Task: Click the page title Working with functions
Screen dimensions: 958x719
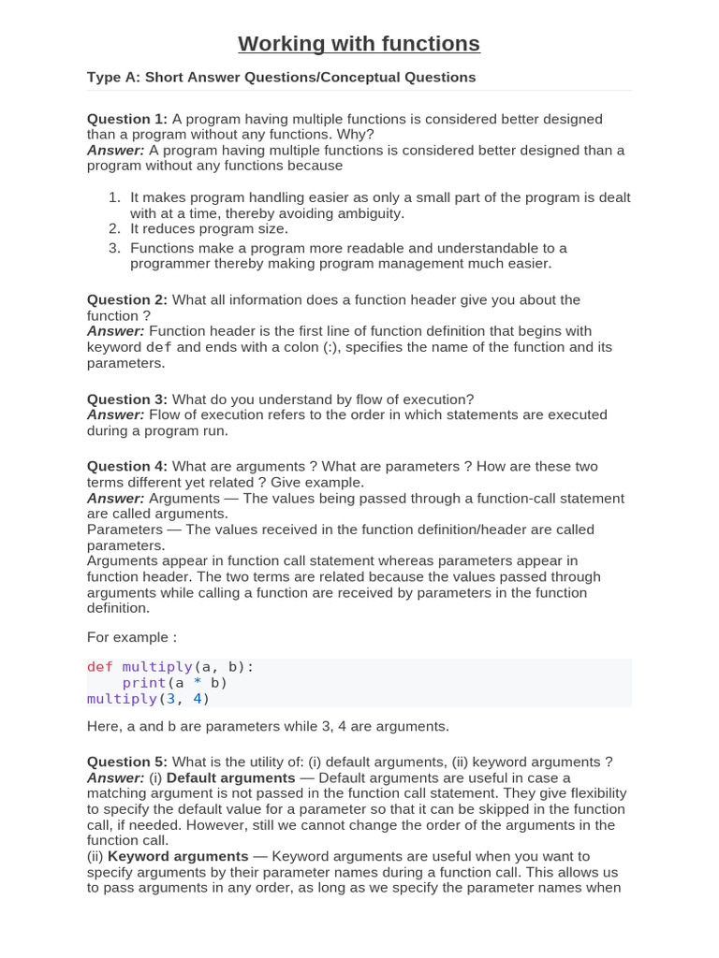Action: pos(359,44)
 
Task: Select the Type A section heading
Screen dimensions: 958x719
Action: pos(281,77)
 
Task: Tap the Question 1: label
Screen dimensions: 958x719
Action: pos(127,119)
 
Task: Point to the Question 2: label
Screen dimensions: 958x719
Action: pos(127,299)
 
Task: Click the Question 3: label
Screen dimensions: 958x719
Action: pos(127,399)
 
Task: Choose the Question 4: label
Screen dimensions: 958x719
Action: pos(127,466)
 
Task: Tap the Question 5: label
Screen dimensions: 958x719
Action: pos(127,762)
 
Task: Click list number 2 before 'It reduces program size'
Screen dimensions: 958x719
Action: pos(114,228)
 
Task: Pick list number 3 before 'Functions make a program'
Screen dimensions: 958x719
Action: pos(114,248)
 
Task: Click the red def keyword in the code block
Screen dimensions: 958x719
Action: pos(99,667)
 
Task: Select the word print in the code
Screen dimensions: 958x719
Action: pos(143,683)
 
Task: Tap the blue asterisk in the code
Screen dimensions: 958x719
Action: pos(198,683)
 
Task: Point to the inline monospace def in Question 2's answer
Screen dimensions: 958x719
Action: pos(160,347)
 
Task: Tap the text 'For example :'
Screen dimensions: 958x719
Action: pos(132,637)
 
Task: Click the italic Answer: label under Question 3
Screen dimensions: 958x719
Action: pos(116,414)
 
